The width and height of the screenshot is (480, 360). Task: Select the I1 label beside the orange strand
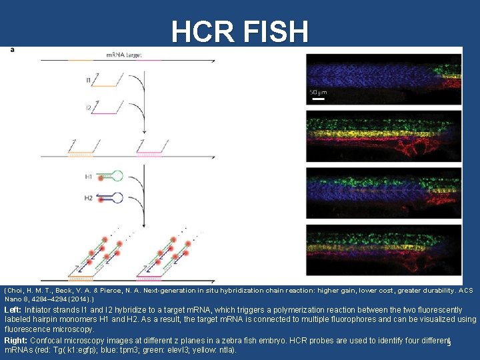pyautogui.click(x=89, y=81)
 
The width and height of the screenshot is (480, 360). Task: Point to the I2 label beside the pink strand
pyautogui.click(x=89, y=107)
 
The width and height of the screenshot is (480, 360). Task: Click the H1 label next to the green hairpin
pyautogui.click(x=89, y=177)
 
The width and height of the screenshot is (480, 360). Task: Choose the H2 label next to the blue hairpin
pyautogui.click(x=89, y=198)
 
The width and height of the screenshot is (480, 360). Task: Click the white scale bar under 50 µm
pyautogui.click(x=319, y=99)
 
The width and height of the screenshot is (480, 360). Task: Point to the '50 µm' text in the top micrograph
pyautogui.click(x=318, y=92)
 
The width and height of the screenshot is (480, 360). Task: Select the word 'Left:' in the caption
pyautogui.click(x=13, y=310)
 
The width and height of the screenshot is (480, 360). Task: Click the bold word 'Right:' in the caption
pyautogui.click(x=15, y=340)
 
